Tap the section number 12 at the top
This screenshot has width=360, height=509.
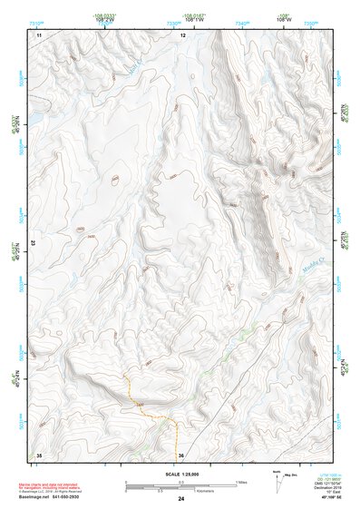pos(182,34)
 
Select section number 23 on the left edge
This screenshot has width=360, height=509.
pos(34,242)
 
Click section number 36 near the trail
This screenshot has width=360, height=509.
pos(181,454)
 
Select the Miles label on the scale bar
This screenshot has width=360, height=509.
pos(241,482)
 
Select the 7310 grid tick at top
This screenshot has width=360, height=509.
pos(36,19)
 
